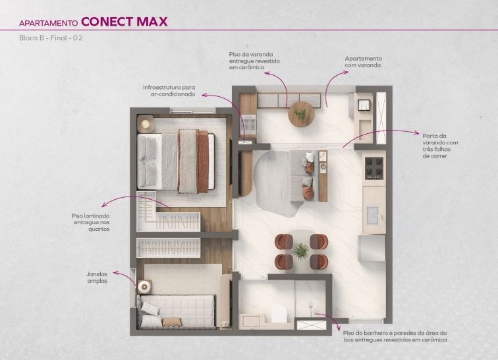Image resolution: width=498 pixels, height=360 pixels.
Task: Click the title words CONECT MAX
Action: click(124, 22)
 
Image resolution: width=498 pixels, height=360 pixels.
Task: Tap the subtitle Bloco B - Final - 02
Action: click(51, 38)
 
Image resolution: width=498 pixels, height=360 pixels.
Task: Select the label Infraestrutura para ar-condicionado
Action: click(169, 90)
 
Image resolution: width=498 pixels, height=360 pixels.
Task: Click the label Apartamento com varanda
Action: click(364, 62)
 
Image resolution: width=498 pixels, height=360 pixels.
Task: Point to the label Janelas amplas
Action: click(97, 278)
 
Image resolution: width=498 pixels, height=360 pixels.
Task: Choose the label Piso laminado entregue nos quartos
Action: click(90, 222)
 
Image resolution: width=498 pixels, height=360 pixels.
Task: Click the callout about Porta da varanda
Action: click(440, 146)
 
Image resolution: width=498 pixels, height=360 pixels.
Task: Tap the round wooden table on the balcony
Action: click(301, 114)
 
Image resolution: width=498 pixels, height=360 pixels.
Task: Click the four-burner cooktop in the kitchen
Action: click(373, 168)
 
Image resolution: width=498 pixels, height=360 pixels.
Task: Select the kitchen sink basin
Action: click(373, 215)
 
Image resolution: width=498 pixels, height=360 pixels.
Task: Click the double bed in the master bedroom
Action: click(176, 162)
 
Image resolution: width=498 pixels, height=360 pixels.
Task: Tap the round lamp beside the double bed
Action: click(146, 123)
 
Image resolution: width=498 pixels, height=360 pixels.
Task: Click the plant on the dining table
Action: click(300, 251)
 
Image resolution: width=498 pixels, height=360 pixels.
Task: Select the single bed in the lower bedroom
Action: click(177, 311)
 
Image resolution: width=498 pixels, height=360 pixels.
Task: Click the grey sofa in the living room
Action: click(302, 176)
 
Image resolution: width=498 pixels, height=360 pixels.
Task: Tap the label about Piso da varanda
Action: click(254, 61)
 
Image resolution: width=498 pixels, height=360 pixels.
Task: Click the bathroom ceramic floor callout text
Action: click(395, 336)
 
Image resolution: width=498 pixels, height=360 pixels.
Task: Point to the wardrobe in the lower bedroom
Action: click(169, 248)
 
